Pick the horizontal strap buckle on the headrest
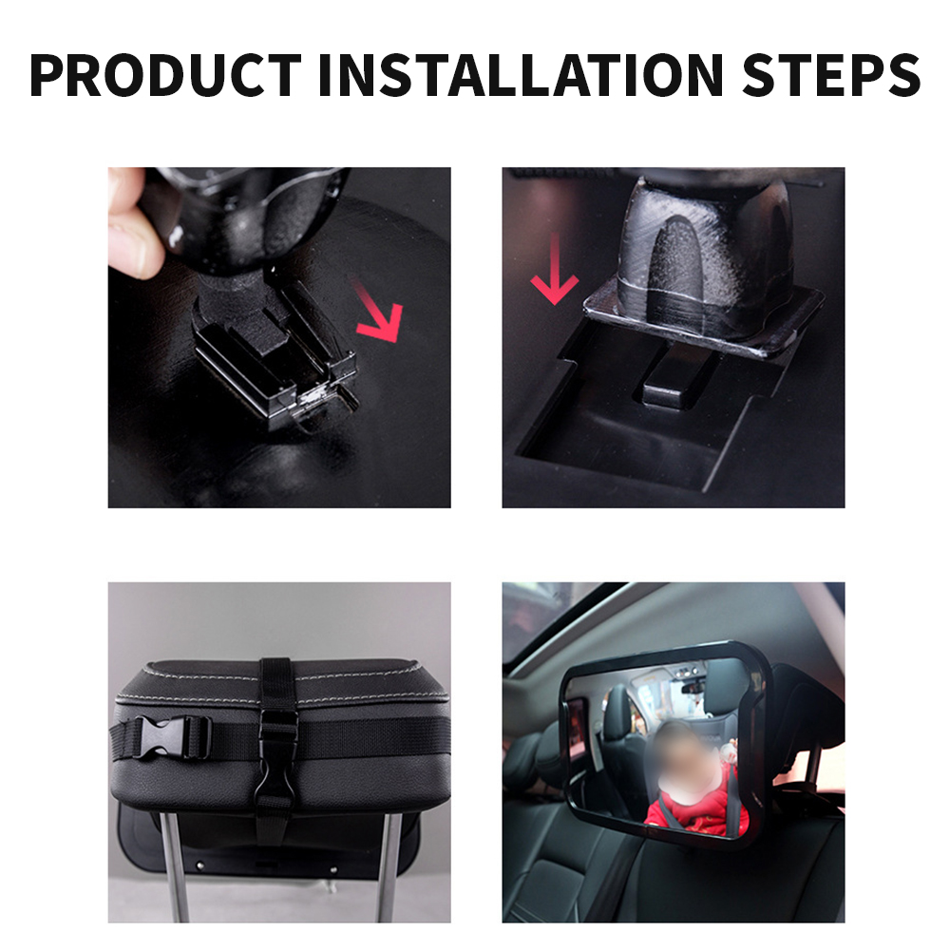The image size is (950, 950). tap(172, 736)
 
